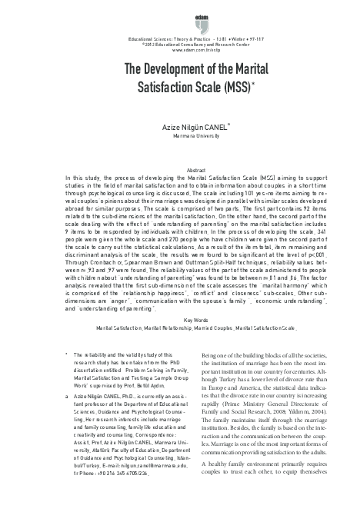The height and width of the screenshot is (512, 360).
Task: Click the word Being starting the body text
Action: [x=208, y=377]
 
